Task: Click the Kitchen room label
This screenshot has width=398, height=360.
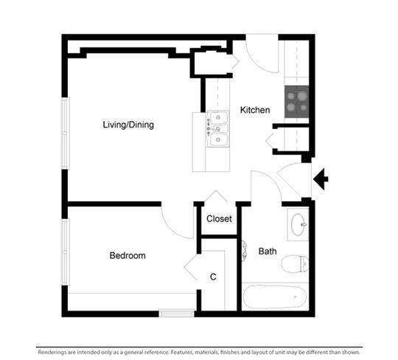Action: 255,110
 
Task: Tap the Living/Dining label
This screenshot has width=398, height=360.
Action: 128,125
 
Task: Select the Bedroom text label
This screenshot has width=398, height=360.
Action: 128,255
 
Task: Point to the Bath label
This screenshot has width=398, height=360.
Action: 268,252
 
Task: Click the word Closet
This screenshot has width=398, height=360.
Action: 219,219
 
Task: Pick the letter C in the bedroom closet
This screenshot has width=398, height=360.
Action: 213,277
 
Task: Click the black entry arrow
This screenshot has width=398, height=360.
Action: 321,179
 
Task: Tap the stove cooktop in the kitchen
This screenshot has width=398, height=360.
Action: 297,102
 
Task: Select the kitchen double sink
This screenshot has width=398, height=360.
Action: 217,128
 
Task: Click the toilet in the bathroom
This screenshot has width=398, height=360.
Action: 295,263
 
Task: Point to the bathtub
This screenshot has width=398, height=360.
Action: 275,297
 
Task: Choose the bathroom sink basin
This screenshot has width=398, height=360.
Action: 298,224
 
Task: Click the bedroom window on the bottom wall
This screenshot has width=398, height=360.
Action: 177,313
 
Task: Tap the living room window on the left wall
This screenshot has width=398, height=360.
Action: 66,133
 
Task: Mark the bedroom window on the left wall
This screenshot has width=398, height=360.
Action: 66,252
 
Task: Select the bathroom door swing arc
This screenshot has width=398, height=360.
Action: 269,179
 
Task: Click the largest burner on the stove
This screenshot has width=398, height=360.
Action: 302,96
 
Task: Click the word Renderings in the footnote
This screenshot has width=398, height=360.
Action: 53,352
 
